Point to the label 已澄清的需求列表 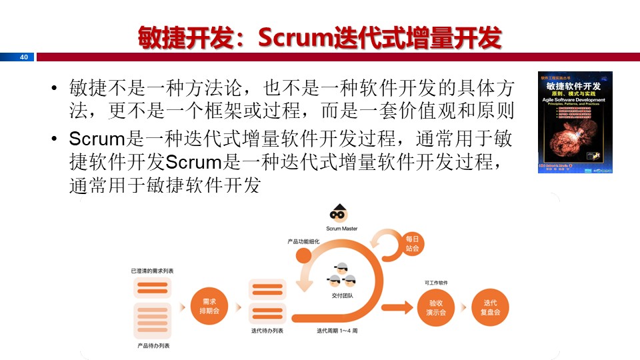153,271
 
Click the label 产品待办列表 153,346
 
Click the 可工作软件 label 437,283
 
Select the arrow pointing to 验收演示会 399,307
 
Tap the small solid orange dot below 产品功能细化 303,255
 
